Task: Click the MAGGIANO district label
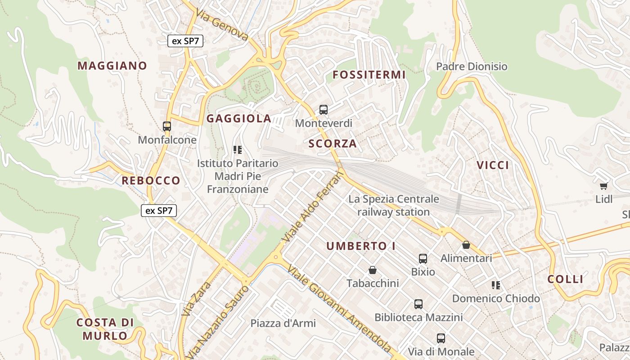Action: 112,66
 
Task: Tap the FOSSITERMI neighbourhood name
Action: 369,75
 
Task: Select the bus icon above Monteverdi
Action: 324,109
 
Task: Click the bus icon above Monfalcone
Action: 167,126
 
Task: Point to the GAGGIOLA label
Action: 238,119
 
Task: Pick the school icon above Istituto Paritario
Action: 238,150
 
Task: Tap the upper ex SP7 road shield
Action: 186,41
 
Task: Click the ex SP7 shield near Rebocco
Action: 159,210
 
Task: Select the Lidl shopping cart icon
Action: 603,186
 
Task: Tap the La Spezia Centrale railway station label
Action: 394,205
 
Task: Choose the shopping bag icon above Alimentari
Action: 466,245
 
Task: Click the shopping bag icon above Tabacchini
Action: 373,270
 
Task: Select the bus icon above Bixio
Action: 423,259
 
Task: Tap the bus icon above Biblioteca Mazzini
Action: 418,304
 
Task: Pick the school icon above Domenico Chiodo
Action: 496,285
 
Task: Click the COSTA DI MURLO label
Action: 105,329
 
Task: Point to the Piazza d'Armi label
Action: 283,323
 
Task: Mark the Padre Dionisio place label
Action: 472,67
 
